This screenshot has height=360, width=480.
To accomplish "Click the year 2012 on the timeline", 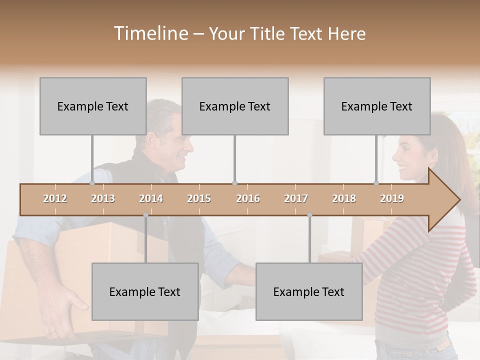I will [x=55, y=198].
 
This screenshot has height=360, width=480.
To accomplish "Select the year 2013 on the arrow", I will [x=103, y=198].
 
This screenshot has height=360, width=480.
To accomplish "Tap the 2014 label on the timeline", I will [x=151, y=198].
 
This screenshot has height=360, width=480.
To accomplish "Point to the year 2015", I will [x=199, y=198].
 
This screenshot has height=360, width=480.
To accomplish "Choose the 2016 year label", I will [x=248, y=198].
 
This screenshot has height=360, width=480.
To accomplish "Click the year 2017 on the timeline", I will [x=296, y=198].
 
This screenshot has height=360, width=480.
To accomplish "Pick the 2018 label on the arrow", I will [x=344, y=198].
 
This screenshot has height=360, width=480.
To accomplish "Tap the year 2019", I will [x=392, y=198].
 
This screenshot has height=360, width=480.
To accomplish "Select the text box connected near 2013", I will [x=93, y=106].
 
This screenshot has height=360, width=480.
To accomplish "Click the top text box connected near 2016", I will [x=235, y=106].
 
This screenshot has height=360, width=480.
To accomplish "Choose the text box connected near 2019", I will [x=377, y=106].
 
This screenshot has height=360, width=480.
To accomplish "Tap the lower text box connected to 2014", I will [x=145, y=291].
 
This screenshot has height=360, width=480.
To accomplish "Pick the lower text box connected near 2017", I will [x=309, y=291].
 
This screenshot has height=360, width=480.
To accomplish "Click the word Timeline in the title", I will [x=150, y=33].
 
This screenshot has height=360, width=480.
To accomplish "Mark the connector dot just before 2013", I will [x=92, y=183].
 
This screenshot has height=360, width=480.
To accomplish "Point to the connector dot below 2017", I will [x=309, y=215].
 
